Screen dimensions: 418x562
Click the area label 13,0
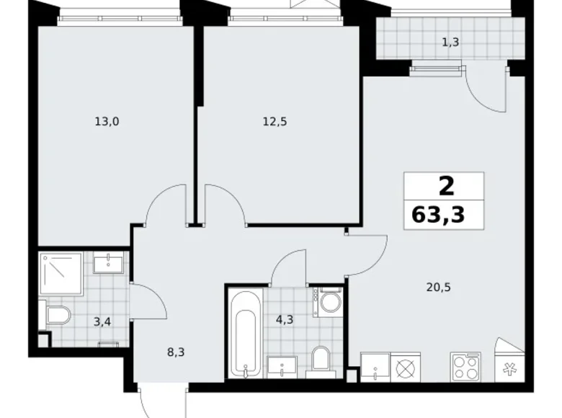pos(106,122)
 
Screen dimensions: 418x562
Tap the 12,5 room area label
pos(274,122)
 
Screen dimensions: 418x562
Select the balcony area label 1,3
pos(450,42)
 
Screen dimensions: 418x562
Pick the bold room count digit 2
pos(446,186)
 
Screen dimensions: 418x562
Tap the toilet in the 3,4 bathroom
pos(55,315)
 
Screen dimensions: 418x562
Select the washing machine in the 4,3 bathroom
pos(329,301)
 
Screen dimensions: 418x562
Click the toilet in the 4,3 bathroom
pos(320,358)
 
